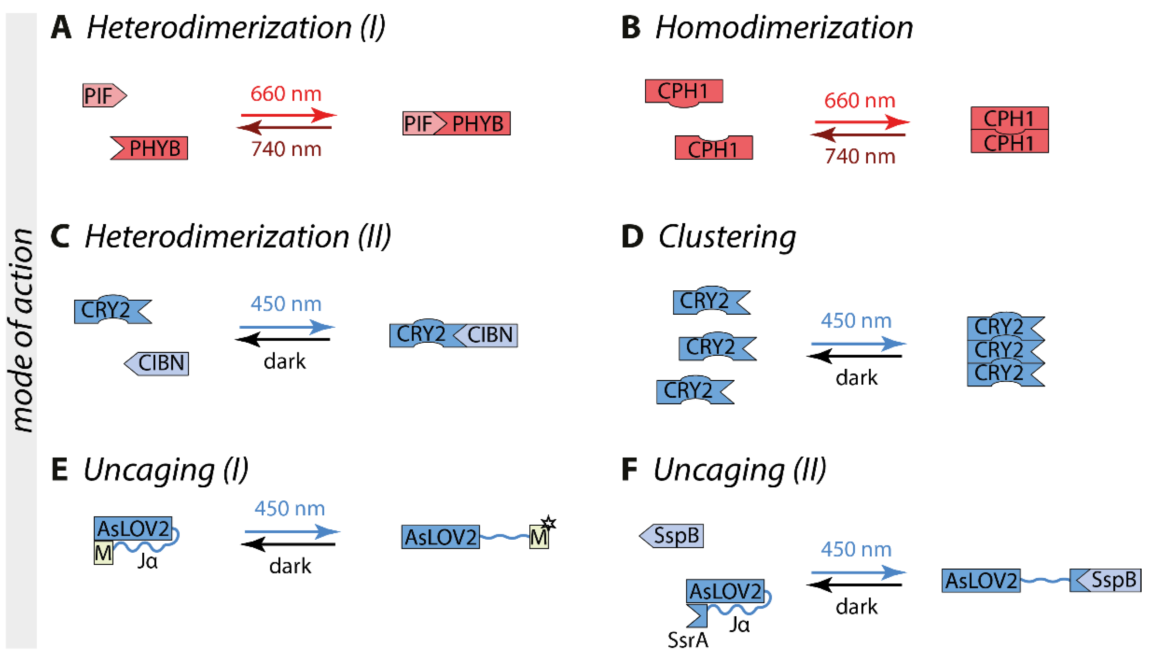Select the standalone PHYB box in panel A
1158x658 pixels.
point(150,148)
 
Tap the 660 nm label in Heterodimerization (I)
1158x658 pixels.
point(286,94)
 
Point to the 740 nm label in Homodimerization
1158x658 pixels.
point(859,156)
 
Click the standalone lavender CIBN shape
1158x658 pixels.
point(158,363)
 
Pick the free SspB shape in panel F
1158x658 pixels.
point(672,536)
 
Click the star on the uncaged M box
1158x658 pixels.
point(549,523)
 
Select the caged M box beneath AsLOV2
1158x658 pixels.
point(103,553)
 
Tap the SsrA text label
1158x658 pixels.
point(688,640)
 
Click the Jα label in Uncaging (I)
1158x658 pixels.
point(148,561)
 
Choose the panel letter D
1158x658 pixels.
point(632,236)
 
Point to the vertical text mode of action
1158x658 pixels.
point(21,330)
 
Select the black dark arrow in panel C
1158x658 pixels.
point(283,339)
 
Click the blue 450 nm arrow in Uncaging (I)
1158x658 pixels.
point(291,531)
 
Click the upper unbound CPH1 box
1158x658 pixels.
point(683,92)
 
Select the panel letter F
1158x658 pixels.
point(629,470)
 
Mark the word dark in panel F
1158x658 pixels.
point(856,606)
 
